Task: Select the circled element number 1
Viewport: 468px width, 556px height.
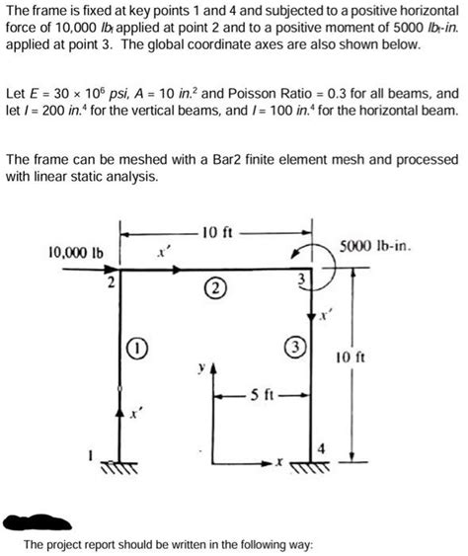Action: tap(139, 348)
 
